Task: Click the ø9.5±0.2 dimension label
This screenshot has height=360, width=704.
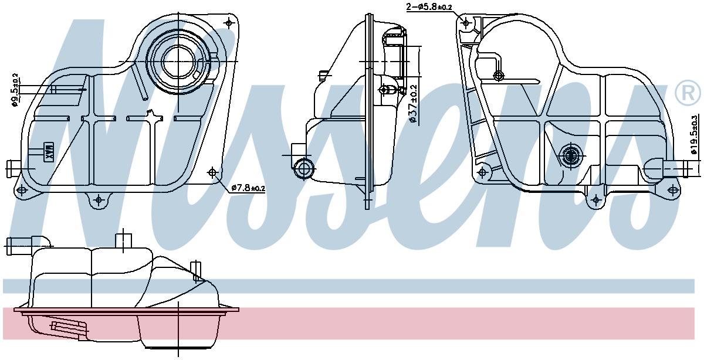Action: point(15,90)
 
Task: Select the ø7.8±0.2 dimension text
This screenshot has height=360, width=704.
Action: point(248,188)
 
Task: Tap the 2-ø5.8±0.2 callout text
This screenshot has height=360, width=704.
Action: point(429,7)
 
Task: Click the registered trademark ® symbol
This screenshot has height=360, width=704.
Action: point(687,93)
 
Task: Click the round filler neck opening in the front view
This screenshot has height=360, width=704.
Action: point(178,61)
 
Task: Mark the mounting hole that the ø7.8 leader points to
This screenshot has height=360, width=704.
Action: point(212,172)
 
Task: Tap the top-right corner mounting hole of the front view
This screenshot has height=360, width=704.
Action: point(228,23)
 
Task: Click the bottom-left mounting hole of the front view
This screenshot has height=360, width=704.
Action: point(22,191)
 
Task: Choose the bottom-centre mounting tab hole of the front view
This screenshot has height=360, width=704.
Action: point(98,201)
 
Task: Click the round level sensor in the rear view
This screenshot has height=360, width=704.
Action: point(570,155)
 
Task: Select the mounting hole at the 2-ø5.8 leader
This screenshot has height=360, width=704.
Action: point(466,23)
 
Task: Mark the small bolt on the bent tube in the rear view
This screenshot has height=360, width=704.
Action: point(499,75)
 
